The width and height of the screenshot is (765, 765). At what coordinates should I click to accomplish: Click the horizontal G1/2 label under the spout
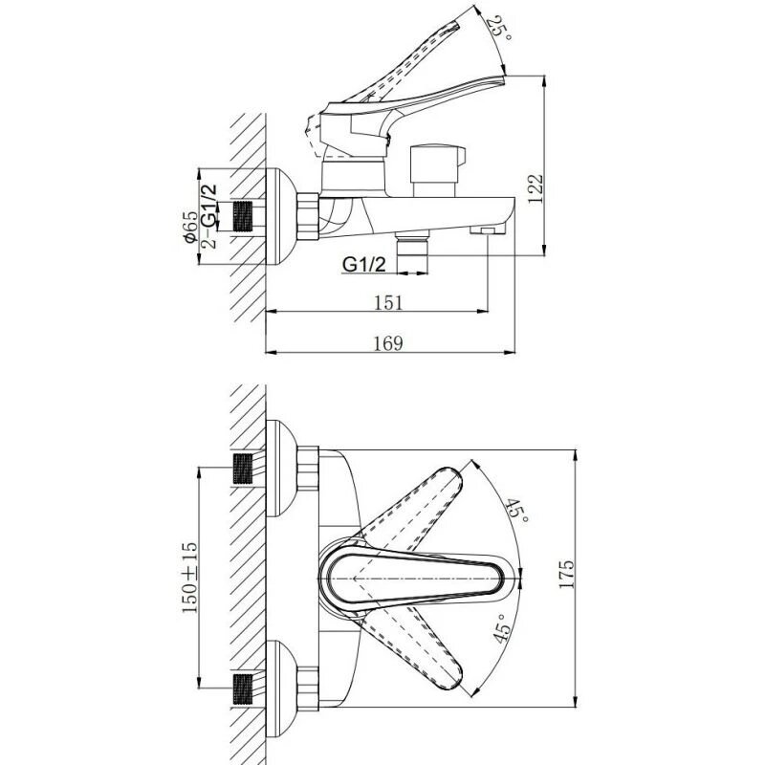(x=362, y=264)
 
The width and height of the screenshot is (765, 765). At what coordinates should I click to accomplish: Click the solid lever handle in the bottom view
(x=421, y=577)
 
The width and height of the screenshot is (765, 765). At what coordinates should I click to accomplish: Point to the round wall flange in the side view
(x=276, y=216)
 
